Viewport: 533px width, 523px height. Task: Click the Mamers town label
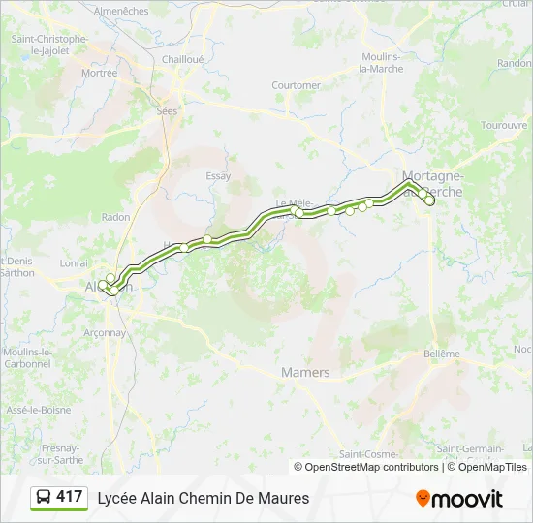305,372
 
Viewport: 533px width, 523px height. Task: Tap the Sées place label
168,111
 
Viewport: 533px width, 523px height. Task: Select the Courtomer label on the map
296,85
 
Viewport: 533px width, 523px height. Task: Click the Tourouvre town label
503,125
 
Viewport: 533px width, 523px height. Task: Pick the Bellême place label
442,354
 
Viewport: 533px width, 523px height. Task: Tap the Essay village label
219,176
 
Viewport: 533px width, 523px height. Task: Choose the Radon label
115,217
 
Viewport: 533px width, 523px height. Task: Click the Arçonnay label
105,332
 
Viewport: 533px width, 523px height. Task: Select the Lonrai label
74,262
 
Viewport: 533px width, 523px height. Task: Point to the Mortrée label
99,73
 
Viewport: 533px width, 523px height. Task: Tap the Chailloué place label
183,59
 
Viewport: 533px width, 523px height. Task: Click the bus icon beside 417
43,498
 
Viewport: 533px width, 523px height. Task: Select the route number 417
69,497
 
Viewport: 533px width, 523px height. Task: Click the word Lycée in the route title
115,498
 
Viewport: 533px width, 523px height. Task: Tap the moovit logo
459,499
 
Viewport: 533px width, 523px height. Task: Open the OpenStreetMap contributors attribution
372,467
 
